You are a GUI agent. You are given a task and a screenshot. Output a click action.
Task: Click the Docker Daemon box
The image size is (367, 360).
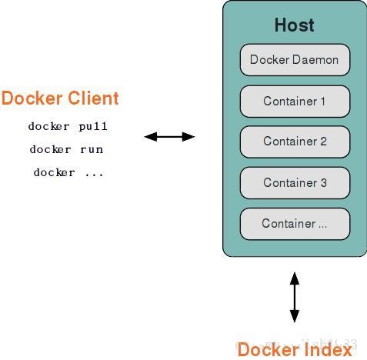click(295, 60)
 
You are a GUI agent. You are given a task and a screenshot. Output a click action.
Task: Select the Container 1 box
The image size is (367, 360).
click(295, 102)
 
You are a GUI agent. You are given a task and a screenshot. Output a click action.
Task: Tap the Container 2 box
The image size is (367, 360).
click(295, 142)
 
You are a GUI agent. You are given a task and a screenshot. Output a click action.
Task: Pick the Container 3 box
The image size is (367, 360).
click(295, 182)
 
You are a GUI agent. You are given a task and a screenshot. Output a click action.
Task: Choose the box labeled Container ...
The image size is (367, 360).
click(295, 224)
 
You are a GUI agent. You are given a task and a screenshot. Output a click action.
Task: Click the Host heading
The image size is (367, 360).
click(295, 25)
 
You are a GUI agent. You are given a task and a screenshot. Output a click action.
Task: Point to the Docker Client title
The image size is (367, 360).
click(60, 98)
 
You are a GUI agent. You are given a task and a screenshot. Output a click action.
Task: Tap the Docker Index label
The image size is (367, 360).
click(295, 350)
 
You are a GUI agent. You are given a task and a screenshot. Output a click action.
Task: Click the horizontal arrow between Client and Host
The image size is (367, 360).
click(169, 137)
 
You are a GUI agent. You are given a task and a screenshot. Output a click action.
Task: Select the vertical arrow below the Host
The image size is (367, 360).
click(294, 296)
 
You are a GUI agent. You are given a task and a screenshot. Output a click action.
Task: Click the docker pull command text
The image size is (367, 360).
click(68, 126)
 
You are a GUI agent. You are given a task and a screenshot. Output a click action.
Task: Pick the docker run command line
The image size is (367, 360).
click(66, 149)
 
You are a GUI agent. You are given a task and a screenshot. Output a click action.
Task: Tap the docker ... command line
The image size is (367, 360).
click(68, 172)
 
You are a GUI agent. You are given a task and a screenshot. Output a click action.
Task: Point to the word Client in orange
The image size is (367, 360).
click(91, 98)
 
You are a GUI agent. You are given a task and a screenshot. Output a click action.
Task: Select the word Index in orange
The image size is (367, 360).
click(330, 350)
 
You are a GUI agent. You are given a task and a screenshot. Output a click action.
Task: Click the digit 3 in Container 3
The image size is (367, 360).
click(323, 182)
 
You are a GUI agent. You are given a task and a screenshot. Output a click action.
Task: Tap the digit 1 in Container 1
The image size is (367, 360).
click(323, 102)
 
